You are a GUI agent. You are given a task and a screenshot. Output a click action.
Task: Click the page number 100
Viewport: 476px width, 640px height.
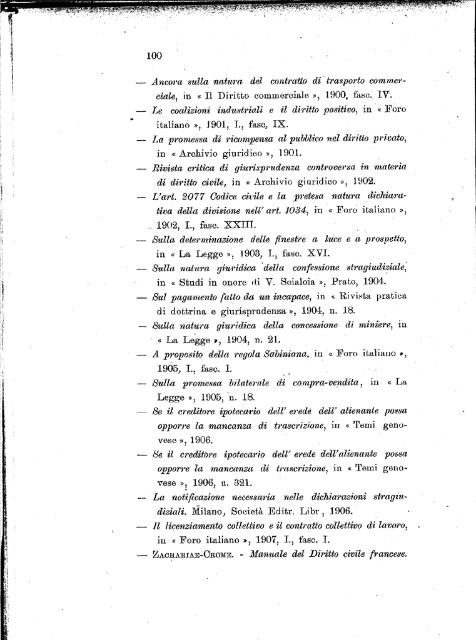click(x=154, y=56)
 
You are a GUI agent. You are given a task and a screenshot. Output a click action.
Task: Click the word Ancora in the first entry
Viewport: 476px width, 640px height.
click(x=167, y=81)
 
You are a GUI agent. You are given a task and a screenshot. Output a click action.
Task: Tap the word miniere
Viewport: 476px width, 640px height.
click(x=373, y=325)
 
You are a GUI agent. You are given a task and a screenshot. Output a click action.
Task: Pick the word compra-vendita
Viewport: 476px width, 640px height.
click(x=329, y=382)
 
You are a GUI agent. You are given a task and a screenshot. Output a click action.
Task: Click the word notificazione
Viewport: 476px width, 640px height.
click(x=204, y=497)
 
